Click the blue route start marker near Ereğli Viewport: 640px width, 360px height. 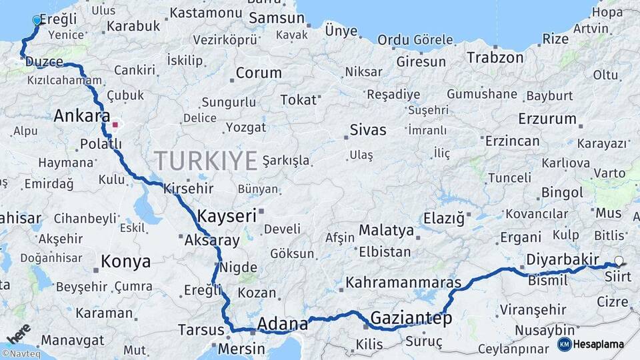tap(37, 21)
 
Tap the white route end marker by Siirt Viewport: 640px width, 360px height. tap(619, 261)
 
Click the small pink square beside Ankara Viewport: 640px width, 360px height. tap(115, 124)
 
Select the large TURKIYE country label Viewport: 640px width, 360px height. tap(206, 161)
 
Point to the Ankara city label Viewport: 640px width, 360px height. tap(81, 116)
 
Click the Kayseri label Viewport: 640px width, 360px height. tap(227, 215)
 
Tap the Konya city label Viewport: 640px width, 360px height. tap(125, 262)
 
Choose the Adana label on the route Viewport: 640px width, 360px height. tap(283, 324)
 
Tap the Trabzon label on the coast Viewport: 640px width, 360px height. tap(495, 58)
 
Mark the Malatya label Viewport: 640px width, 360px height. tap(386, 230)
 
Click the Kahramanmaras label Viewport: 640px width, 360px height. tap(404, 283)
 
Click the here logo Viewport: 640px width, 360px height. tap(17, 332)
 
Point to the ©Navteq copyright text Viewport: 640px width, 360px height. tap(21, 354)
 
